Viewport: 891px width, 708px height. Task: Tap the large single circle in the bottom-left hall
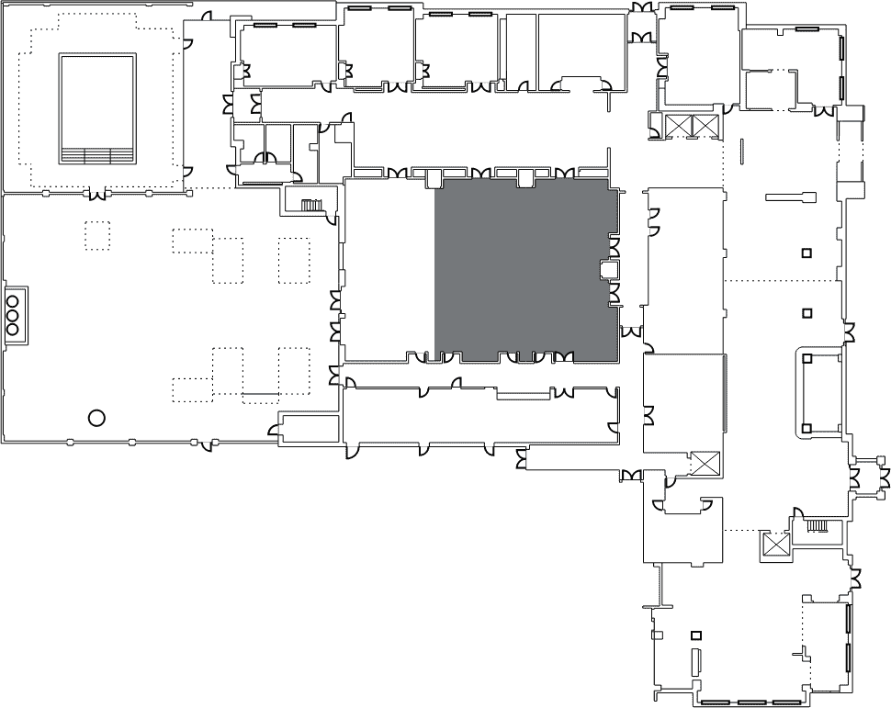click(x=96, y=418)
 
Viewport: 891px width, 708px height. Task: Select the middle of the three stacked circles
click(x=13, y=314)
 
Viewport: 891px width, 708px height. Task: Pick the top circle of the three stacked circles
click(x=13, y=298)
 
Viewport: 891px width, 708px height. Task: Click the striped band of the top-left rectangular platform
click(x=97, y=154)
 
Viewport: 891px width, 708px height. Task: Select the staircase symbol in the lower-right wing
click(x=818, y=526)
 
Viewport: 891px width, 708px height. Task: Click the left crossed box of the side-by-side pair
click(x=678, y=126)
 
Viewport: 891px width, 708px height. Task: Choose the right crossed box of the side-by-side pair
click(x=704, y=126)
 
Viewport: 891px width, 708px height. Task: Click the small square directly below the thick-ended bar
click(x=806, y=253)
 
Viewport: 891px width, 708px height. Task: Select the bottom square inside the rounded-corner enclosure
click(x=806, y=428)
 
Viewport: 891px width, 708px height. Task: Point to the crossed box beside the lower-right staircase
click(x=775, y=545)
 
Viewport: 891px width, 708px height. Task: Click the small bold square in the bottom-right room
click(x=695, y=635)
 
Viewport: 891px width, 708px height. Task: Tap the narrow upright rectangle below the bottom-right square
click(x=694, y=662)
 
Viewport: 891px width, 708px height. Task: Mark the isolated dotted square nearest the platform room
click(x=97, y=235)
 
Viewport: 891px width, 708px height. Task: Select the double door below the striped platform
click(x=96, y=193)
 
